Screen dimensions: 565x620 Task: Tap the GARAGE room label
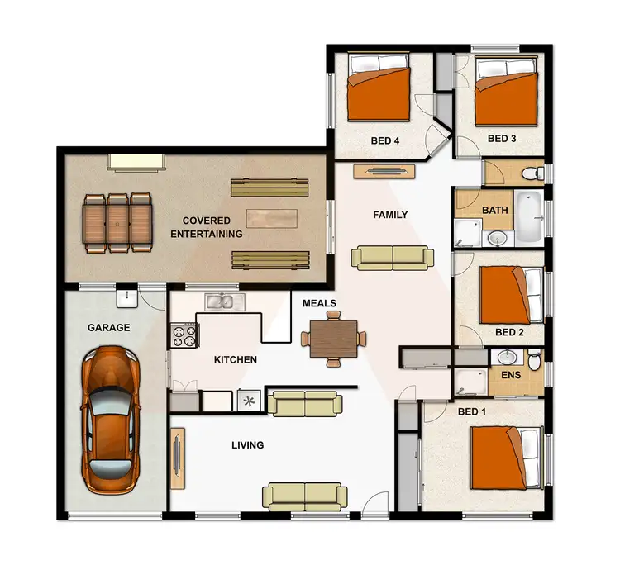pos(109,328)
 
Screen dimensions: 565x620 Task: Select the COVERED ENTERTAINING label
pos(207,227)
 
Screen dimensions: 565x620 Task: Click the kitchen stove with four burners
pos(184,335)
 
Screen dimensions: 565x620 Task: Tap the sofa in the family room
pos(393,258)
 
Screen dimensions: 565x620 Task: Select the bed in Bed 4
pos(379,93)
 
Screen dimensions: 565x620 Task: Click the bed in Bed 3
pos(505,96)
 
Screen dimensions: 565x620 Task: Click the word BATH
pos(495,211)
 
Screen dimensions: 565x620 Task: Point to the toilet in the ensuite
pos(534,361)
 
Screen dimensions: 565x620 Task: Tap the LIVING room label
pos(247,445)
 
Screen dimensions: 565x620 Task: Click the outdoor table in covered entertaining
pos(118,222)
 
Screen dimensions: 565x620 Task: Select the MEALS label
pos(318,303)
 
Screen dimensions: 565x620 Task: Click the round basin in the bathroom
pos(497,239)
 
